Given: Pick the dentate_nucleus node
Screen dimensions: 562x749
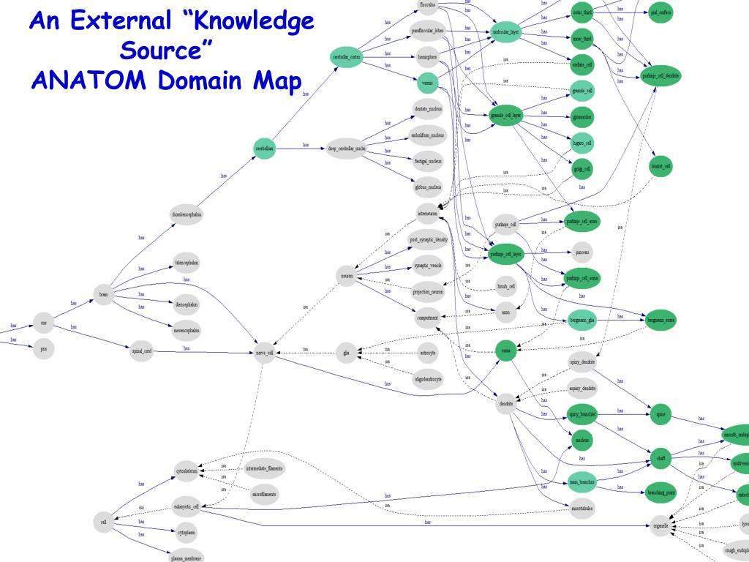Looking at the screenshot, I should (427, 108).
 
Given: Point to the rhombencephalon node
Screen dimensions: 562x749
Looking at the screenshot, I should (187, 214).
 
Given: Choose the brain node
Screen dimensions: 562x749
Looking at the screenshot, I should (104, 295).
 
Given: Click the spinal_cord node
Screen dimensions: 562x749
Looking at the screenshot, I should (140, 351).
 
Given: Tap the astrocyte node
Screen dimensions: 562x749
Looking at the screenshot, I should (427, 353).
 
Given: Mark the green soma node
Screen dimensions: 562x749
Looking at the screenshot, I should (505, 351).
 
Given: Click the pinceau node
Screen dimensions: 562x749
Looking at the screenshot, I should (582, 251).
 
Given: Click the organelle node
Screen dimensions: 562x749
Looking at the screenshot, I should (660, 525).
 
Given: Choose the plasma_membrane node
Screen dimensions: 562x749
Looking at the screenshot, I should (186, 557).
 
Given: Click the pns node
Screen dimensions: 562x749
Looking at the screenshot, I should (43, 349).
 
